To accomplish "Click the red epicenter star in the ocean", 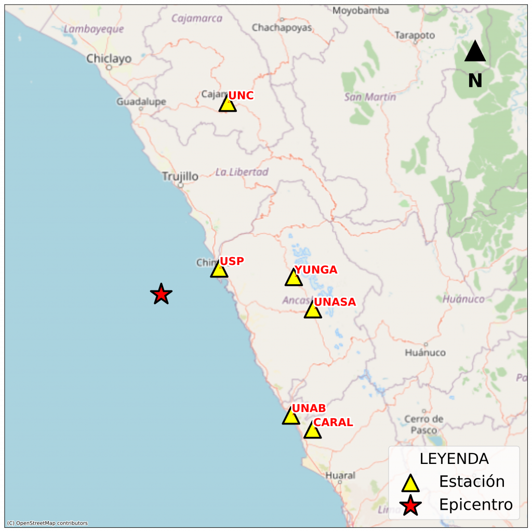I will click(161, 295).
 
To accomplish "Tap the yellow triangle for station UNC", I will click(228, 104).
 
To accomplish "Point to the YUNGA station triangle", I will click(294, 278).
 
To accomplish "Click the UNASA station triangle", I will click(312, 311).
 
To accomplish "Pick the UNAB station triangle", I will click(291, 417).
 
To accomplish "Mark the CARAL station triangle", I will click(312, 431).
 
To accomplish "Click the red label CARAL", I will click(333, 422).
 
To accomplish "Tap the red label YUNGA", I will click(316, 270).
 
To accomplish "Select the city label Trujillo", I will click(180, 177).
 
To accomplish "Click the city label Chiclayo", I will click(109, 59).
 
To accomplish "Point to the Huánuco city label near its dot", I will click(425, 353).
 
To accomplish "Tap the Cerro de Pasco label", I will click(424, 424).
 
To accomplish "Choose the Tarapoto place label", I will click(415, 35).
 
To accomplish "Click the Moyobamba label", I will click(361, 10).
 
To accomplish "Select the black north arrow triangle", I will click(475, 52).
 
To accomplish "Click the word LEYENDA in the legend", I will click(454, 459).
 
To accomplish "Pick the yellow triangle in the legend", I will click(411, 483).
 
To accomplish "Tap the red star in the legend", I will click(411, 505).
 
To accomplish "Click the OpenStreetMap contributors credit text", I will click(47, 523).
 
